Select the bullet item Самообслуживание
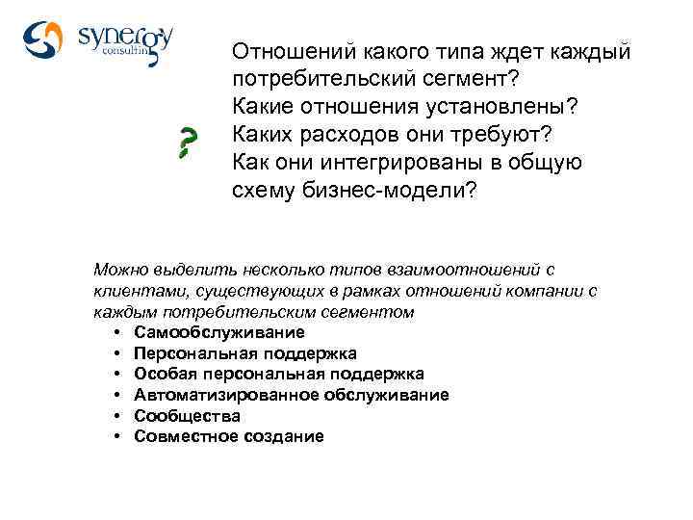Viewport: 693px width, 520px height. pos(219,332)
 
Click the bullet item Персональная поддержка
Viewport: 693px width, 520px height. pos(245,353)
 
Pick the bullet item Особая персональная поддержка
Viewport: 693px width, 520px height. pos(279,374)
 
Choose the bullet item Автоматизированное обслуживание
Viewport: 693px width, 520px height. pos(292,395)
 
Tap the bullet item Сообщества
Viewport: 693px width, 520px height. pos(188,416)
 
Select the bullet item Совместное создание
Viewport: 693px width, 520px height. pos(229,436)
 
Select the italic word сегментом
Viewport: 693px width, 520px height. pos(374,312)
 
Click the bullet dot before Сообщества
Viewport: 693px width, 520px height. pos(115,416)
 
